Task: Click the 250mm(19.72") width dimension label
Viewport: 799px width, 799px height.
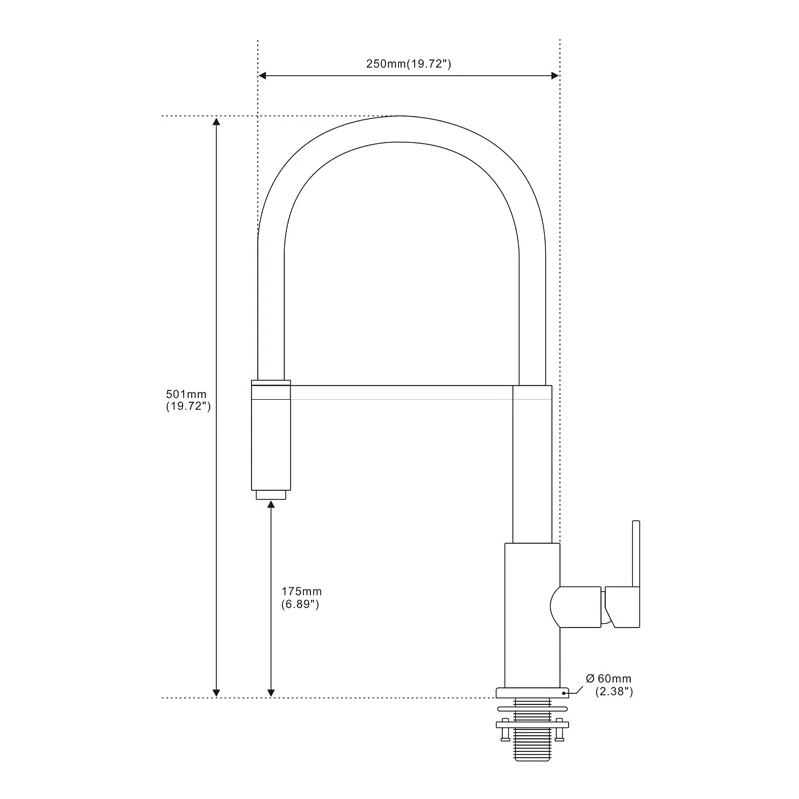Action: [x=409, y=64]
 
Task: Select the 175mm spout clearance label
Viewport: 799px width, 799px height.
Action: [x=301, y=591]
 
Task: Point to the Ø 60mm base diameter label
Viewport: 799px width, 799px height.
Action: [x=610, y=679]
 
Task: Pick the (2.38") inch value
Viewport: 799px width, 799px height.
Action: [x=614, y=692]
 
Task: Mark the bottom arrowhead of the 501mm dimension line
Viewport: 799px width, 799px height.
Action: [x=216, y=690]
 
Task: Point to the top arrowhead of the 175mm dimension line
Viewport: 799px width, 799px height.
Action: [x=271, y=508]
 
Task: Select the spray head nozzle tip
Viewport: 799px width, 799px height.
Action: [x=271, y=494]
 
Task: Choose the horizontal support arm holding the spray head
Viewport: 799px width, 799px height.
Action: [x=399, y=391]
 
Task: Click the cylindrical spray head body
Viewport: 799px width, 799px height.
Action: [x=271, y=443]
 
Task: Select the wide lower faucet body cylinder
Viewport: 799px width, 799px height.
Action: [x=530, y=614]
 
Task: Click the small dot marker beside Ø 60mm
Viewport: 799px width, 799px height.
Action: [x=566, y=690]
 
